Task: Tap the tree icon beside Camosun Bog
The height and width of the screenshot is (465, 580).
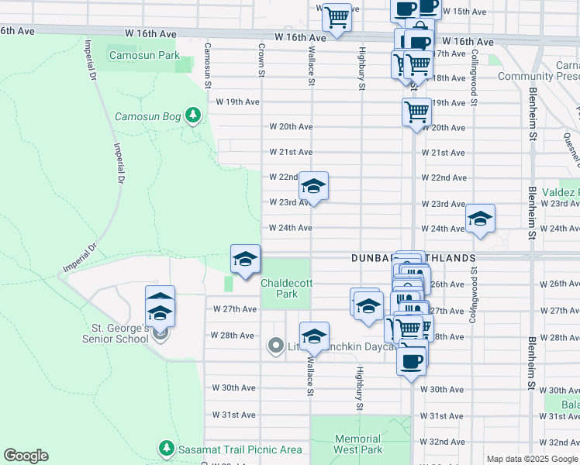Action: pos(192,116)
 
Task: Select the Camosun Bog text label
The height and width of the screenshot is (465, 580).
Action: pos(147,117)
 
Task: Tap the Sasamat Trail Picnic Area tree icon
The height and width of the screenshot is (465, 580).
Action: pos(166,449)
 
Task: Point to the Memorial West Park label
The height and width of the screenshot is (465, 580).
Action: pos(358,444)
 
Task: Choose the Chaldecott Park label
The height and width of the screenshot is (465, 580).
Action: pos(286,288)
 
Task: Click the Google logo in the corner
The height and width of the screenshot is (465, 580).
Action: pos(26,456)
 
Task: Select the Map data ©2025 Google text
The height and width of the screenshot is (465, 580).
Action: pos(532,459)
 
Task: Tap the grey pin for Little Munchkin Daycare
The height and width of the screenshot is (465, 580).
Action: pos(275,346)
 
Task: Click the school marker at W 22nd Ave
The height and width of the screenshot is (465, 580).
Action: pos(313,187)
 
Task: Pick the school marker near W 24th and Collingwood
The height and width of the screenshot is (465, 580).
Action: pos(480,219)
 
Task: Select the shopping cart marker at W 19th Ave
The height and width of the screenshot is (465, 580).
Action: pos(417,112)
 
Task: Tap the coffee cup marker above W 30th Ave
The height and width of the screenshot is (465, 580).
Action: pos(412,360)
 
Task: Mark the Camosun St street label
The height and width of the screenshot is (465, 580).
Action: pos(207,65)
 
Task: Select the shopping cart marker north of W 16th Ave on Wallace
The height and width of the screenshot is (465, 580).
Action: pos(337,16)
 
